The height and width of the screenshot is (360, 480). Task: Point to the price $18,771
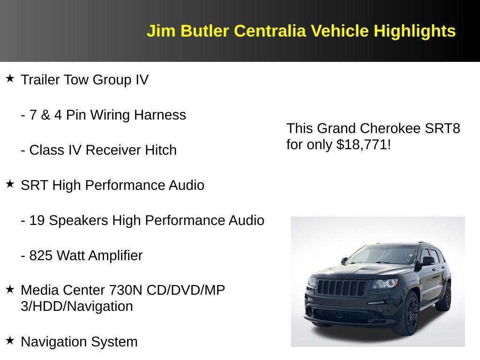[x=362, y=144]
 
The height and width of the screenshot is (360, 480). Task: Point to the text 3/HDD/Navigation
[x=77, y=307]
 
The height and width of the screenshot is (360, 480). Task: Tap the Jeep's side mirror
[x=428, y=260]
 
